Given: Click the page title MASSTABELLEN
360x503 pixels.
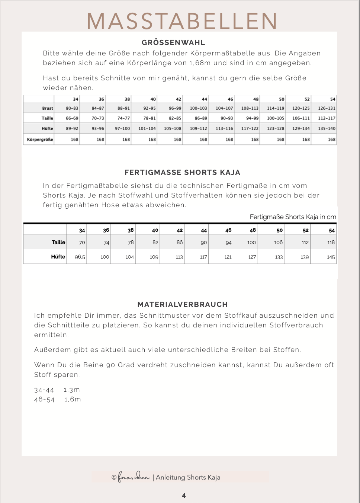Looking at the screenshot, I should click(x=182, y=21).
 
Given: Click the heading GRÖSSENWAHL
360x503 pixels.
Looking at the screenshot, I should click(x=173, y=42).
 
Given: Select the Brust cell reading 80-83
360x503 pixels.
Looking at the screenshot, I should click(x=72, y=108).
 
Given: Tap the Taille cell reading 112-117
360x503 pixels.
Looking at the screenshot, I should click(x=327, y=118).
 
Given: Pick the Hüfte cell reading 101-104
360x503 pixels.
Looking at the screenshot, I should click(x=147, y=128).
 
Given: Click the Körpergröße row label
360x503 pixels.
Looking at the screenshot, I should click(x=40, y=140).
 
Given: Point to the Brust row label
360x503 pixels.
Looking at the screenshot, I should click(x=47, y=108).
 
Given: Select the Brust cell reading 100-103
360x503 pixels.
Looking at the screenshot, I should click(x=198, y=108).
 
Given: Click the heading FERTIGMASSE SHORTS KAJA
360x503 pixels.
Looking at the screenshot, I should click(x=182, y=172).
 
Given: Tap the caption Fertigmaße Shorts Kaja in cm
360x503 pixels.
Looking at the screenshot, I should click(x=293, y=217).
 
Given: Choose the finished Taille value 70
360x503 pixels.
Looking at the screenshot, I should click(x=82, y=243).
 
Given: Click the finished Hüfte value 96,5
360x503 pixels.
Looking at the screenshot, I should click(x=80, y=257).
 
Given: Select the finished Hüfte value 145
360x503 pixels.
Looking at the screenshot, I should click(x=331, y=257).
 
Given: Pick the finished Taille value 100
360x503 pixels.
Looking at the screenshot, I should click(x=251, y=243).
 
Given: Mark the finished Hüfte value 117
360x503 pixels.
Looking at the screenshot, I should click(x=203, y=257).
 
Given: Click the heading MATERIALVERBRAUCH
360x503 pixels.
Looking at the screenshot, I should click(x=182, y=304).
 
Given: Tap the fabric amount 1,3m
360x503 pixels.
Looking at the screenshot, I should click(x=72, y=390).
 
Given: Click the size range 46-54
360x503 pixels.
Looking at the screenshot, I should click(x=44, y=399).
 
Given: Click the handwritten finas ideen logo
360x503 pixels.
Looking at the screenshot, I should click(x=134, y=477).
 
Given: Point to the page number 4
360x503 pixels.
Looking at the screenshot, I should click(x=184, y=496).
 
